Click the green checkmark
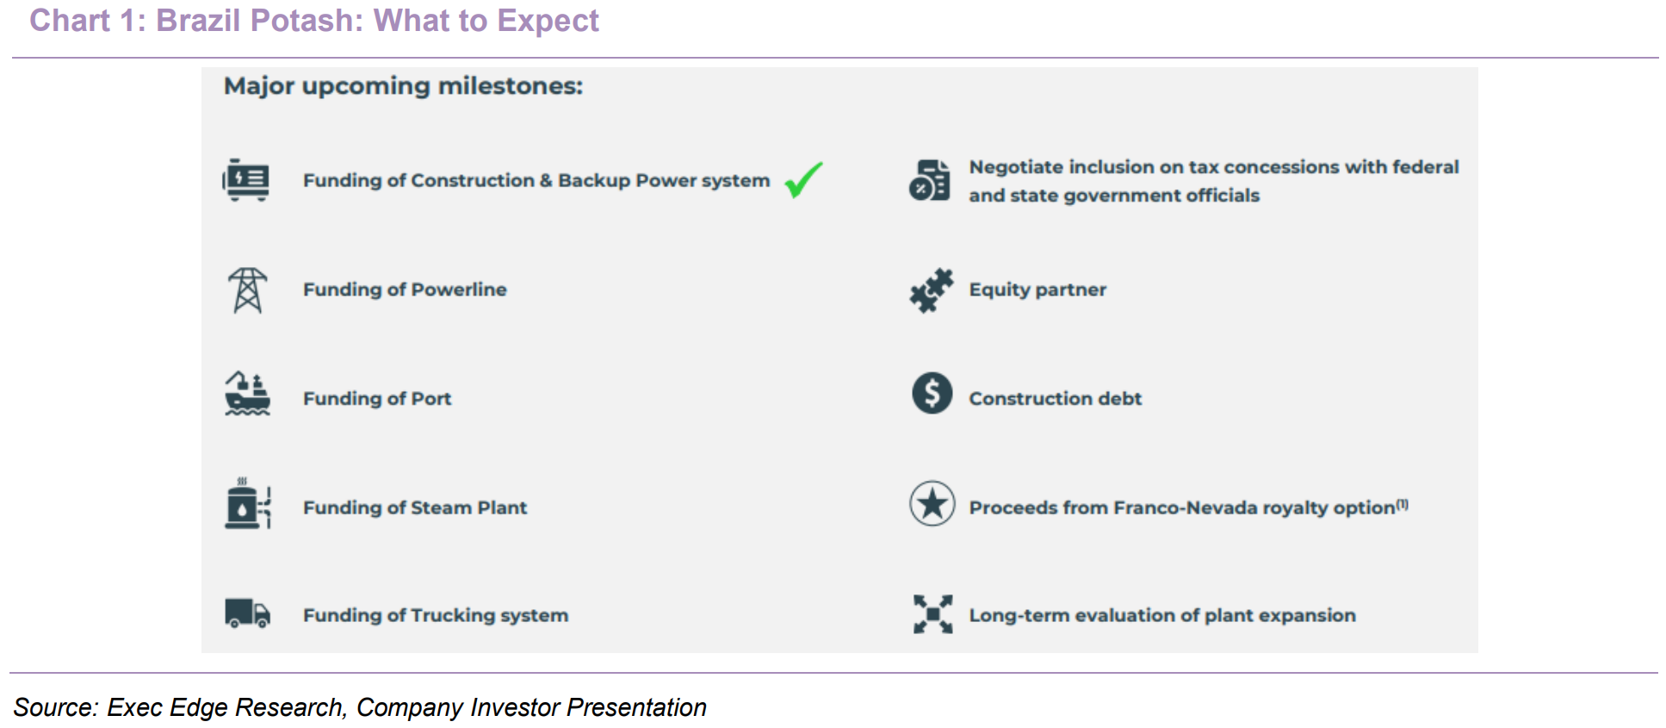[x=803, y=179]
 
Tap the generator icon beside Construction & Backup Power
[x=246, y=180]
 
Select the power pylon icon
[x=248, y=289]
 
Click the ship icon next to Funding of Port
[x=247, y=394]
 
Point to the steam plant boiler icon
[x=248, y=503]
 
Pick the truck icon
[x=248, y=613]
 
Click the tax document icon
[x=930, y=180]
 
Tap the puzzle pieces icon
[x=932, y=290]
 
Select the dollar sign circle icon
[x=932, y=393]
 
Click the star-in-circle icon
[x=932, y=503]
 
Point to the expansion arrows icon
[x=933, y=614]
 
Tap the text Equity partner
[x=1037, y=290]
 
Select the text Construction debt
[x=1056, y=399]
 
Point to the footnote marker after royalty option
[x=1403, y=504]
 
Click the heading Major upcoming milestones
[x=403, y=86]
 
